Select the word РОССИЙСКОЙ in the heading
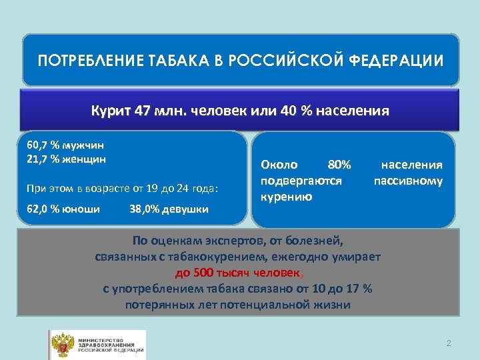288,61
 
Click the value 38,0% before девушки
143,209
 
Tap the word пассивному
408,181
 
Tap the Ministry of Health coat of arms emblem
64,344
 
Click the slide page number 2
449,343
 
